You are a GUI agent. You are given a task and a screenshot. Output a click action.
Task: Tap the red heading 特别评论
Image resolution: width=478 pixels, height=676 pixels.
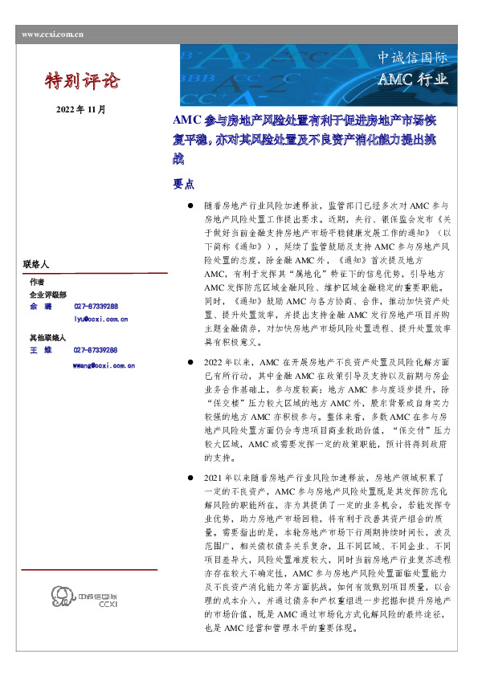coord(81,80)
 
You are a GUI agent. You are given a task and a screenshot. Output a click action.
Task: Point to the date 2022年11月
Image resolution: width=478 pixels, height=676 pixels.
coord(80,108)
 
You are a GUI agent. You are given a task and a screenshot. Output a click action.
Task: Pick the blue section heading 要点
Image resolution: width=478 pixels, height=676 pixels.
coord(183,183)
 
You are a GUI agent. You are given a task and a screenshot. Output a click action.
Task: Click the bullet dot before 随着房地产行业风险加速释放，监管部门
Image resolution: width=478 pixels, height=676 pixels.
coord(190,205)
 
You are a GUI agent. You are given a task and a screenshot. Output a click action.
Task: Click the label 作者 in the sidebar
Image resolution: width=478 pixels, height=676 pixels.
coord(37,283)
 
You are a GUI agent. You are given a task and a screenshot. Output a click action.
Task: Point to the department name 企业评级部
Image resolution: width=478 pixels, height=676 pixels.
coord(47,295)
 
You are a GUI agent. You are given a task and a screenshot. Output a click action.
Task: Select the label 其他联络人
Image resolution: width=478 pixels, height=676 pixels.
coord(47,338)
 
